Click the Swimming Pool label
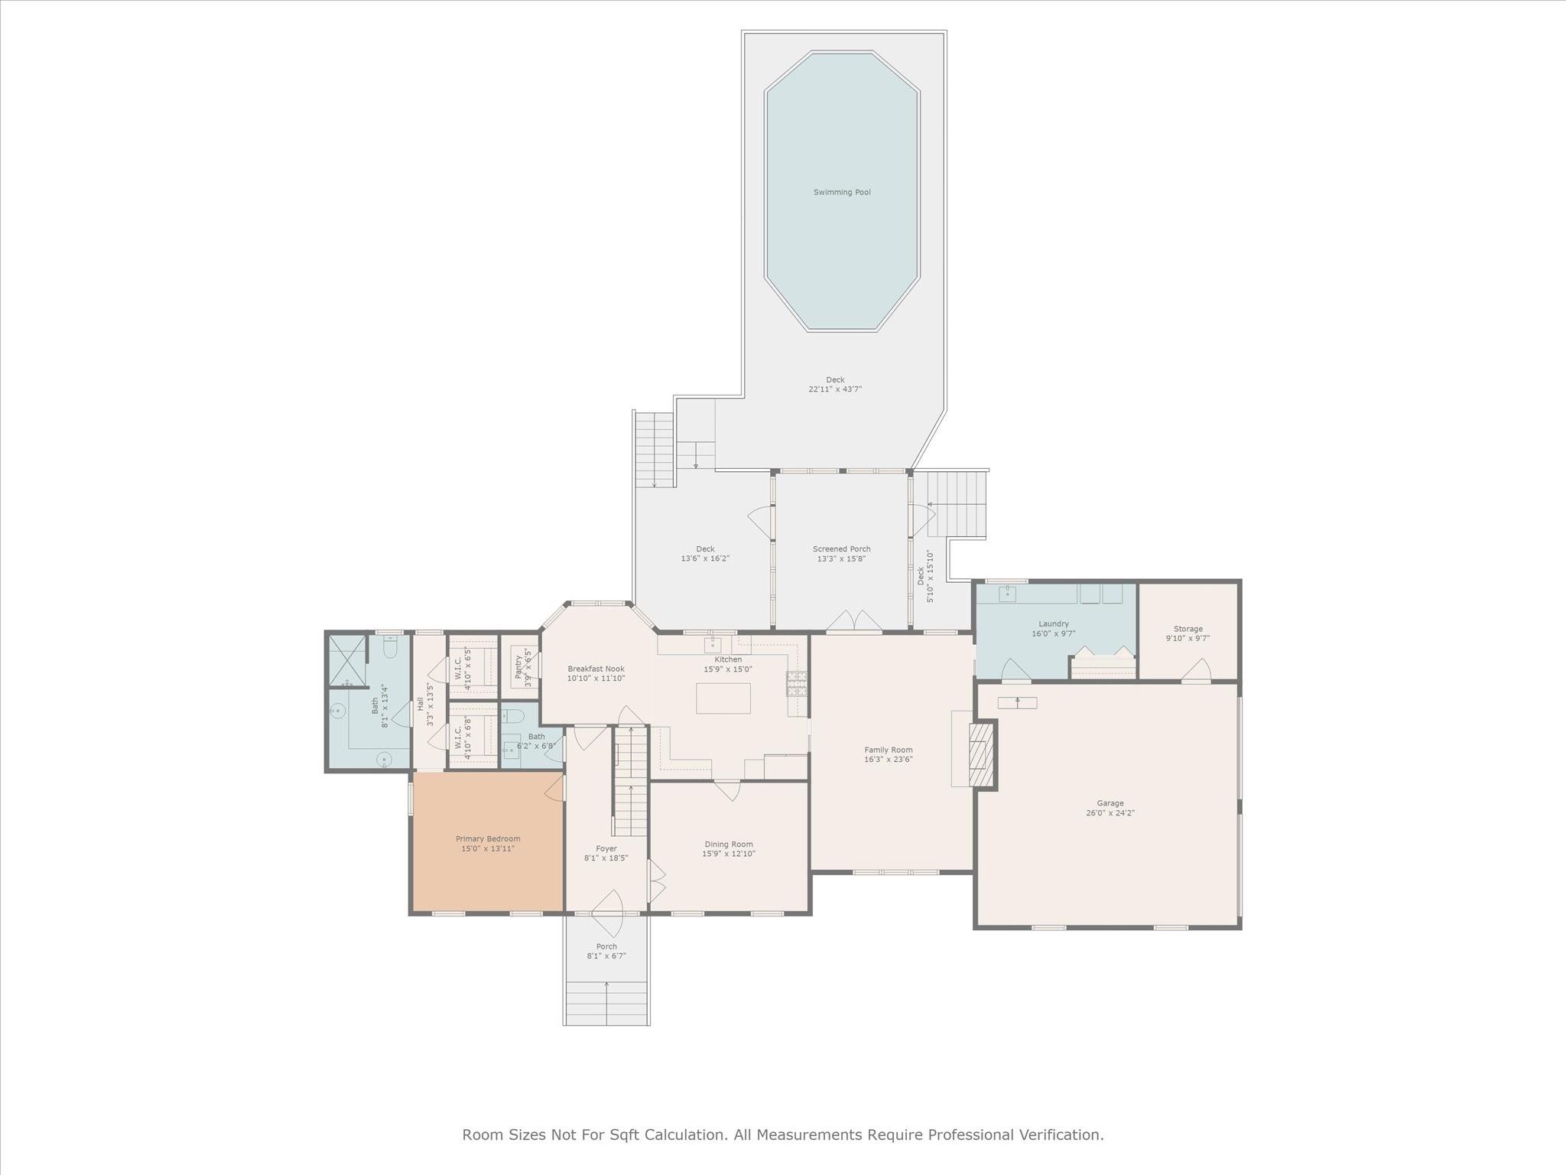pyautogui.click(x=842, y=192)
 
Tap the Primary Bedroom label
pyautogui.click(x=488, y=838)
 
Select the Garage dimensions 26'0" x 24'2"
pyautogui.click(x=1110, y=813)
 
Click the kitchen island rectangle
pyautogui.click(x=723, y=698)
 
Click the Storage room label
pyautogui.click(x=1187, y=629)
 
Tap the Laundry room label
pyautogui.click(x=1053, y=623)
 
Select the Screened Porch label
pyautogui.click(x=841, y=548)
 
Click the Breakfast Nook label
pyautogui.click(x=596, y=669)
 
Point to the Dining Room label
pyautogui.click(x=729, y=844)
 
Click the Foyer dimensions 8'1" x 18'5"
pyautogui.click(x=606, y=858)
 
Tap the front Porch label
pyautogui.click(x=606, y=946)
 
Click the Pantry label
pyautogui.click(x=518, y=666)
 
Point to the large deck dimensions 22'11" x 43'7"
pyautogui.click(x=835, y=389)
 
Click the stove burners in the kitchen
pyautogui.click(x=796, y=682)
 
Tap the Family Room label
pyautogui.click(x=889, y=750)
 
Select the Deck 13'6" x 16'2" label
pyautogui.click(x=705, y=548)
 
